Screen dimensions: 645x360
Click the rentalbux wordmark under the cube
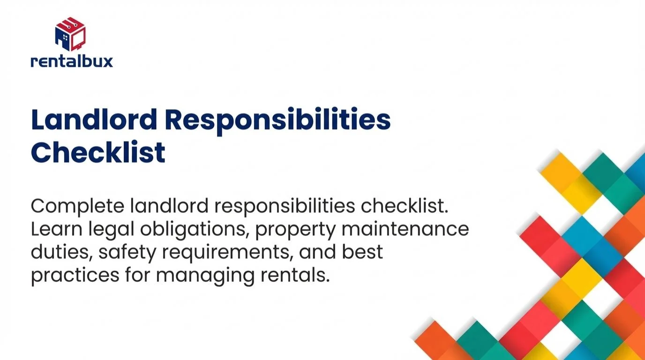pyautogui.click(x=72, y=61)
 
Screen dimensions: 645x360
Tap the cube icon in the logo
pyautogui.click(x=70, y=34)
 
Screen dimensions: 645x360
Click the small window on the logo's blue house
pyautogui.click(x=65, y=37)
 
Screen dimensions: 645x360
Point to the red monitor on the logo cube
pyautogui.click(x=78, y=39)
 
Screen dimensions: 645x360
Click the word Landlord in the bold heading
pyautogui.click(x=94, y=119)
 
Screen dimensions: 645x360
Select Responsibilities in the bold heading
pyautogui.click(x=277, y=120)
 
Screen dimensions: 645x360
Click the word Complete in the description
pyautogui.click(x=77, y=207)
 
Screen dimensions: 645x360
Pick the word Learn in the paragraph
pyautogui.click(x=56, y=229)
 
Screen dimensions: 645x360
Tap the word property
pyautogui.click(x=295, y=231)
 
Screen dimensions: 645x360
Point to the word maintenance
pyautogui.click(x=405, y=229)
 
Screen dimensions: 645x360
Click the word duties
pyautogui.click(x=62, y=252)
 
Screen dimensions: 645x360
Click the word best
pyautogui.click(x=362, y=252)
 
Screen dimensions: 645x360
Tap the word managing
pyautogui.click(x=205, y=277)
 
